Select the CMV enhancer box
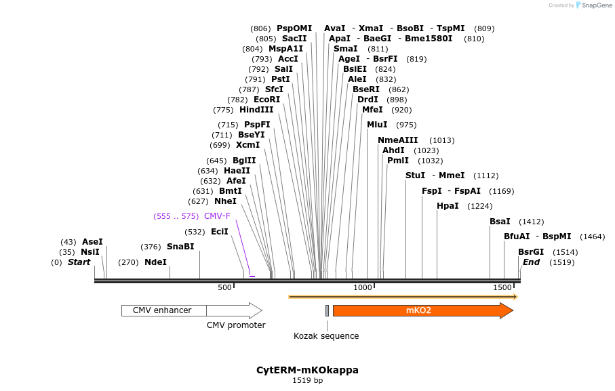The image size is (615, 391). (163, 310)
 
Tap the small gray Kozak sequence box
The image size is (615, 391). (327, 310)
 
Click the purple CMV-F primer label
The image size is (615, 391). (217, 216)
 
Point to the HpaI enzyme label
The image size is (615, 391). (448, 206)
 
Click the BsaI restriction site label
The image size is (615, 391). (500, 222)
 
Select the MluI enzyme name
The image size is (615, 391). (377, 125)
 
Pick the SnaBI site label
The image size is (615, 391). (180, 247)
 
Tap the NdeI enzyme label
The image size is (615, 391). (155, 262)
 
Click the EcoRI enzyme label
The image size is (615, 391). (266, 100)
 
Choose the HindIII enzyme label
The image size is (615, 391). (256, 110)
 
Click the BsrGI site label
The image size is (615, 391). (531, 252)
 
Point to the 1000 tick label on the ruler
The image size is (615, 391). (363, 288)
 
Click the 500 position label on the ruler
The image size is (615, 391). (224, 288)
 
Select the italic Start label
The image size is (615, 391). (79, 262)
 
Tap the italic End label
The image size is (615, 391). (531, 262)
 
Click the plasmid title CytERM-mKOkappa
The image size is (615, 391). (307, 370)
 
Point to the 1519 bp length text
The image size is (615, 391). (307, 381)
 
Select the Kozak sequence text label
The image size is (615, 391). (326, 336)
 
